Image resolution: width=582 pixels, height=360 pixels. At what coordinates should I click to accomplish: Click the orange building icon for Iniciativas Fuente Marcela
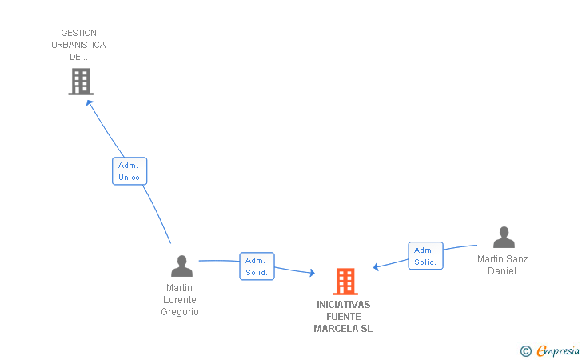coord(345,282)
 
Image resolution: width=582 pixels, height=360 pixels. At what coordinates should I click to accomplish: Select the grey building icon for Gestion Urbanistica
coord(81,81)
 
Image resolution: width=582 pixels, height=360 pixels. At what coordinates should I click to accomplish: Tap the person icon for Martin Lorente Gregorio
coord(182,266)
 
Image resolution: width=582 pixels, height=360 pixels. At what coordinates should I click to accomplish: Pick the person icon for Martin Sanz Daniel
coord(504,238)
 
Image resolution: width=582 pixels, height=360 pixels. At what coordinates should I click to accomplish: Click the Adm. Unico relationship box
coord(130,171)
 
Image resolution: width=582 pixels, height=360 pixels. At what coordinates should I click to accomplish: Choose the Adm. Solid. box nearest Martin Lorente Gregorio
coord(257,266)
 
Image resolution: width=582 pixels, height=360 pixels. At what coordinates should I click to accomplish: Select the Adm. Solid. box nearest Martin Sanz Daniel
coord(425,256)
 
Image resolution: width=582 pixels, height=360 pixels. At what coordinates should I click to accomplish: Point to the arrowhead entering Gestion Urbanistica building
coord(89,102)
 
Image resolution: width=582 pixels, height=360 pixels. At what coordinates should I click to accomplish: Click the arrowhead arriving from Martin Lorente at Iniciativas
coord(311,274)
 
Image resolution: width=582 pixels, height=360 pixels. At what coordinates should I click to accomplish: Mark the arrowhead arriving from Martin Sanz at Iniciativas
coord(377,266)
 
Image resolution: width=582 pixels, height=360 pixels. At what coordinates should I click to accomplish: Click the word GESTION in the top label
coord(78,34)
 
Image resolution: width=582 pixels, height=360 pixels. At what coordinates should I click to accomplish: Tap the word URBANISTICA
coord(78,45)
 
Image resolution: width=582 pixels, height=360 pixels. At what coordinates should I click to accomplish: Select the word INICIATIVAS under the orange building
coord(343,305)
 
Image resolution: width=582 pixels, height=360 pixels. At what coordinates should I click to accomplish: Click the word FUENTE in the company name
coord(343,317)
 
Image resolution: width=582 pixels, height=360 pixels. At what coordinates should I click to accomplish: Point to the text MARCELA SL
coord(343,329)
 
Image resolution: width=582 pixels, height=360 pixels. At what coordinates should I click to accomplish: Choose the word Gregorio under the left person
coord(180,312)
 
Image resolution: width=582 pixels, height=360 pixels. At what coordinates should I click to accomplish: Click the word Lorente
coord(180,300)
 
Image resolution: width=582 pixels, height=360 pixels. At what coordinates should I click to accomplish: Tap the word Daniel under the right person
coord(502,271)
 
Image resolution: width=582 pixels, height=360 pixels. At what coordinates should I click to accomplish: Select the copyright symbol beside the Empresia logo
coord(525,350)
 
